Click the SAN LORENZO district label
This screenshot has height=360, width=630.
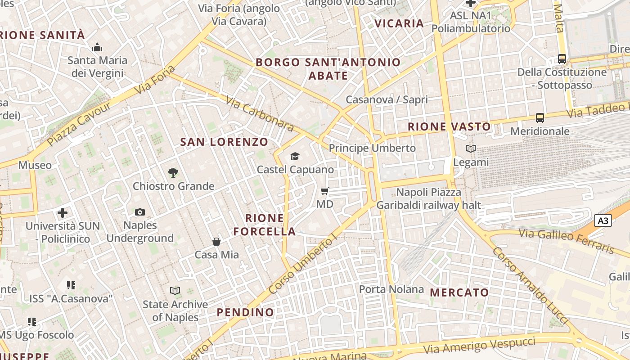pos(224,142)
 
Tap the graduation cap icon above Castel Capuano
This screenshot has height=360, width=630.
pos(295,156)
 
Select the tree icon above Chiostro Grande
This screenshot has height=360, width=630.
pos(173,172)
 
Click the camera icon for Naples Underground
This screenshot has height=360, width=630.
pos(140,212)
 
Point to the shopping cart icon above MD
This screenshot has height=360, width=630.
pos(324,191)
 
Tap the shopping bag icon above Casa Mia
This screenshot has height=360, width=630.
pos(216,242)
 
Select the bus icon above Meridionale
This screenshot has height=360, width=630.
pos(540,118)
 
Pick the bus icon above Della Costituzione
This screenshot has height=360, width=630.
pos(562,58)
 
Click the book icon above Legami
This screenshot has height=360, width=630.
pos(470,148)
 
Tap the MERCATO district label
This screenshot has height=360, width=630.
pos(459,292)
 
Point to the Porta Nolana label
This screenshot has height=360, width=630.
pos(391,289)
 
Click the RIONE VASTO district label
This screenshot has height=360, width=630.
pos(449,127)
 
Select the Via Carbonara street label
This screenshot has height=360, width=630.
pos(260,114)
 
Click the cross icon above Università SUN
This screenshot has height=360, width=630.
pos(63,212)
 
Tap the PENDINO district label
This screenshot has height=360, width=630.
pos(245,312)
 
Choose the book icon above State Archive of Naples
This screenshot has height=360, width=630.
pos(175,291)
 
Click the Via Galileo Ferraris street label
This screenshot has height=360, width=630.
pos(566,240)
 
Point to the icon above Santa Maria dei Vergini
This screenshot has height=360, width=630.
pos(97,47)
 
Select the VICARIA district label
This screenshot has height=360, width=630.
pos(399,23)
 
